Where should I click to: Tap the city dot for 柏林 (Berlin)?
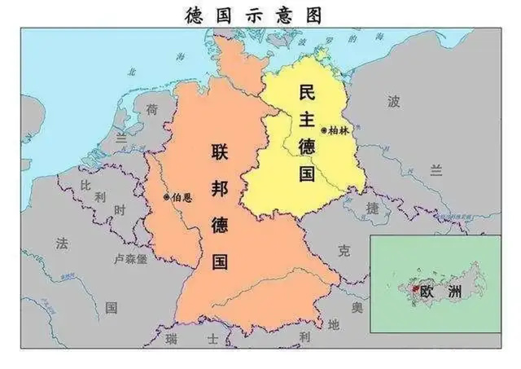point(324,130)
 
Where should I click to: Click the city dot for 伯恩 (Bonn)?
point(167,196)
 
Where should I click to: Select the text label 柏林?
point(339,130)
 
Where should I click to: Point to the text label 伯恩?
point(182,196)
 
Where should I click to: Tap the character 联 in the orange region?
point(219,152)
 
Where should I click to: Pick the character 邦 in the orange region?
point(219,187)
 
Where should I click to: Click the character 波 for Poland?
point(394,102)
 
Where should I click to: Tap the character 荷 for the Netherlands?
point(151,109)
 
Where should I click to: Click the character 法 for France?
point(62,243)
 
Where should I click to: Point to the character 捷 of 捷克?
point(372,209)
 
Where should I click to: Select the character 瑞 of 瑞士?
point(170,337)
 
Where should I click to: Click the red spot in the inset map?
point(415,288)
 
